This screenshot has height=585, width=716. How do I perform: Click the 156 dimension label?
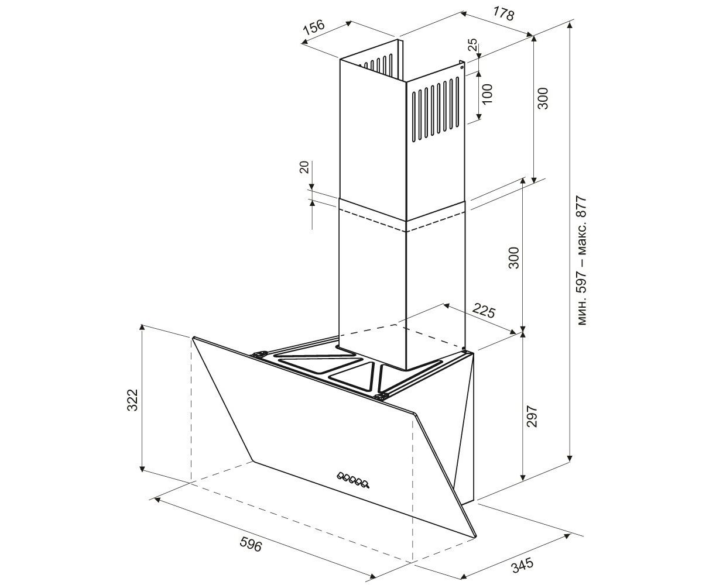(314, 28)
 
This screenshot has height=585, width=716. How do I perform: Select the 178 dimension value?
(503, 13)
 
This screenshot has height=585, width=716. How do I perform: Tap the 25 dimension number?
(472, 44)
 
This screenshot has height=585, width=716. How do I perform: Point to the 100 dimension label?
(487, 94)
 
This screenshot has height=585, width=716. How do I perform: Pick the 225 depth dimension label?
(484, 311)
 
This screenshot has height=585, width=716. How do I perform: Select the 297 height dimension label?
(532, 416)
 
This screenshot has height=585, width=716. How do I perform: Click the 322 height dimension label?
(132, 400)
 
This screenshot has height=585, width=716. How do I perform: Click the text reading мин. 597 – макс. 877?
(582, 260)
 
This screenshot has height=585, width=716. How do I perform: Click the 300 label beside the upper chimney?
(543, 98)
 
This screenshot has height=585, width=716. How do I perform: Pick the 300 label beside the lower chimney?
(514, 258)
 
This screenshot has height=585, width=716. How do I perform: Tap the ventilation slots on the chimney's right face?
(436, 109)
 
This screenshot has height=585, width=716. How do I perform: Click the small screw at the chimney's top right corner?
(462, 67)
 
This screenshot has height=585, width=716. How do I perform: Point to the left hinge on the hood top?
(259, 355)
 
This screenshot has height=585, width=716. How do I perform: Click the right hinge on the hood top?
(382, 396)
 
